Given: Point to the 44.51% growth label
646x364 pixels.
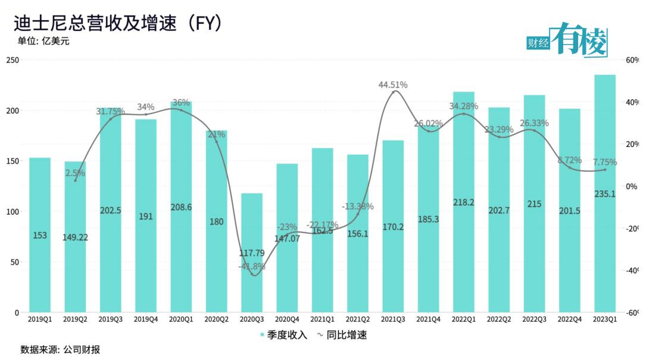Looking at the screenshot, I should [x=393, y=85].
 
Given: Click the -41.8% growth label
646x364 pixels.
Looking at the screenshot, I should [x=251, y=266].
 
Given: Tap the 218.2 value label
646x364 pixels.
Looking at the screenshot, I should [x=463, y=202].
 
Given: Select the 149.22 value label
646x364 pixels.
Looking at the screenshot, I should [x=75, y=237].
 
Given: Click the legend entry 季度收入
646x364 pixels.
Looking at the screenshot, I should [x=285, y=335].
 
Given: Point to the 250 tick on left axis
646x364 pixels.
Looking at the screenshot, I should [x=13, y=60].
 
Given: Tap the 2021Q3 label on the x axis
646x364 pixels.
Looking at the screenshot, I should [x=393, y=319].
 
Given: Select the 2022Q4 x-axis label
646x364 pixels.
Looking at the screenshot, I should [x=570, y=319].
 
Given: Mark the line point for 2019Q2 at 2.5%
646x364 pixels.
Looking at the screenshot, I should [x=75, y=180].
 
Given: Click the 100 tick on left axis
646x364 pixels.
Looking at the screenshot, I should [x=13, y=212].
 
